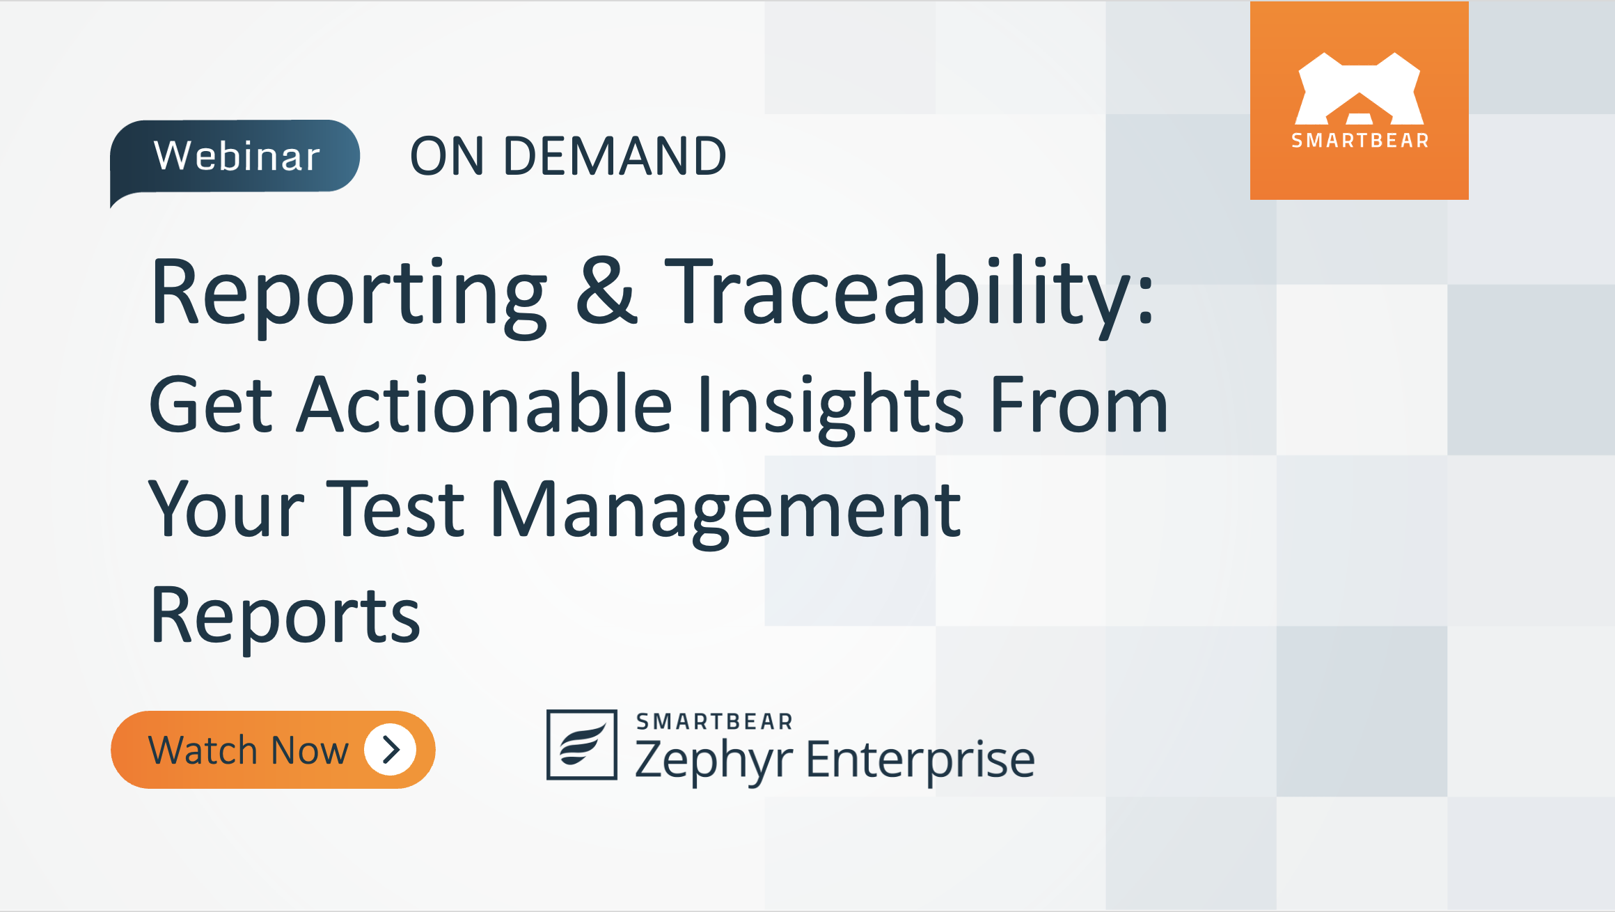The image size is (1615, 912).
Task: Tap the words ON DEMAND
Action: coord(568,156)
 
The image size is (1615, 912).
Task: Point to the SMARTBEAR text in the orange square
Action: coord(1360,141)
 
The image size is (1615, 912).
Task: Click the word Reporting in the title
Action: coord(348,292)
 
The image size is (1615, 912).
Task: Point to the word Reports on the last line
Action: coord(285,617)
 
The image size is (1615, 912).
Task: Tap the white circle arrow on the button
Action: coord(391,750)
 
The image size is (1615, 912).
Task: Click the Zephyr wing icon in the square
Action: coord(582,745)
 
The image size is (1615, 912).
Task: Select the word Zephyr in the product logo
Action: coord(714,760)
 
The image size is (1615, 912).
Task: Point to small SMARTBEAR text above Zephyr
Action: coord(714,722)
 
